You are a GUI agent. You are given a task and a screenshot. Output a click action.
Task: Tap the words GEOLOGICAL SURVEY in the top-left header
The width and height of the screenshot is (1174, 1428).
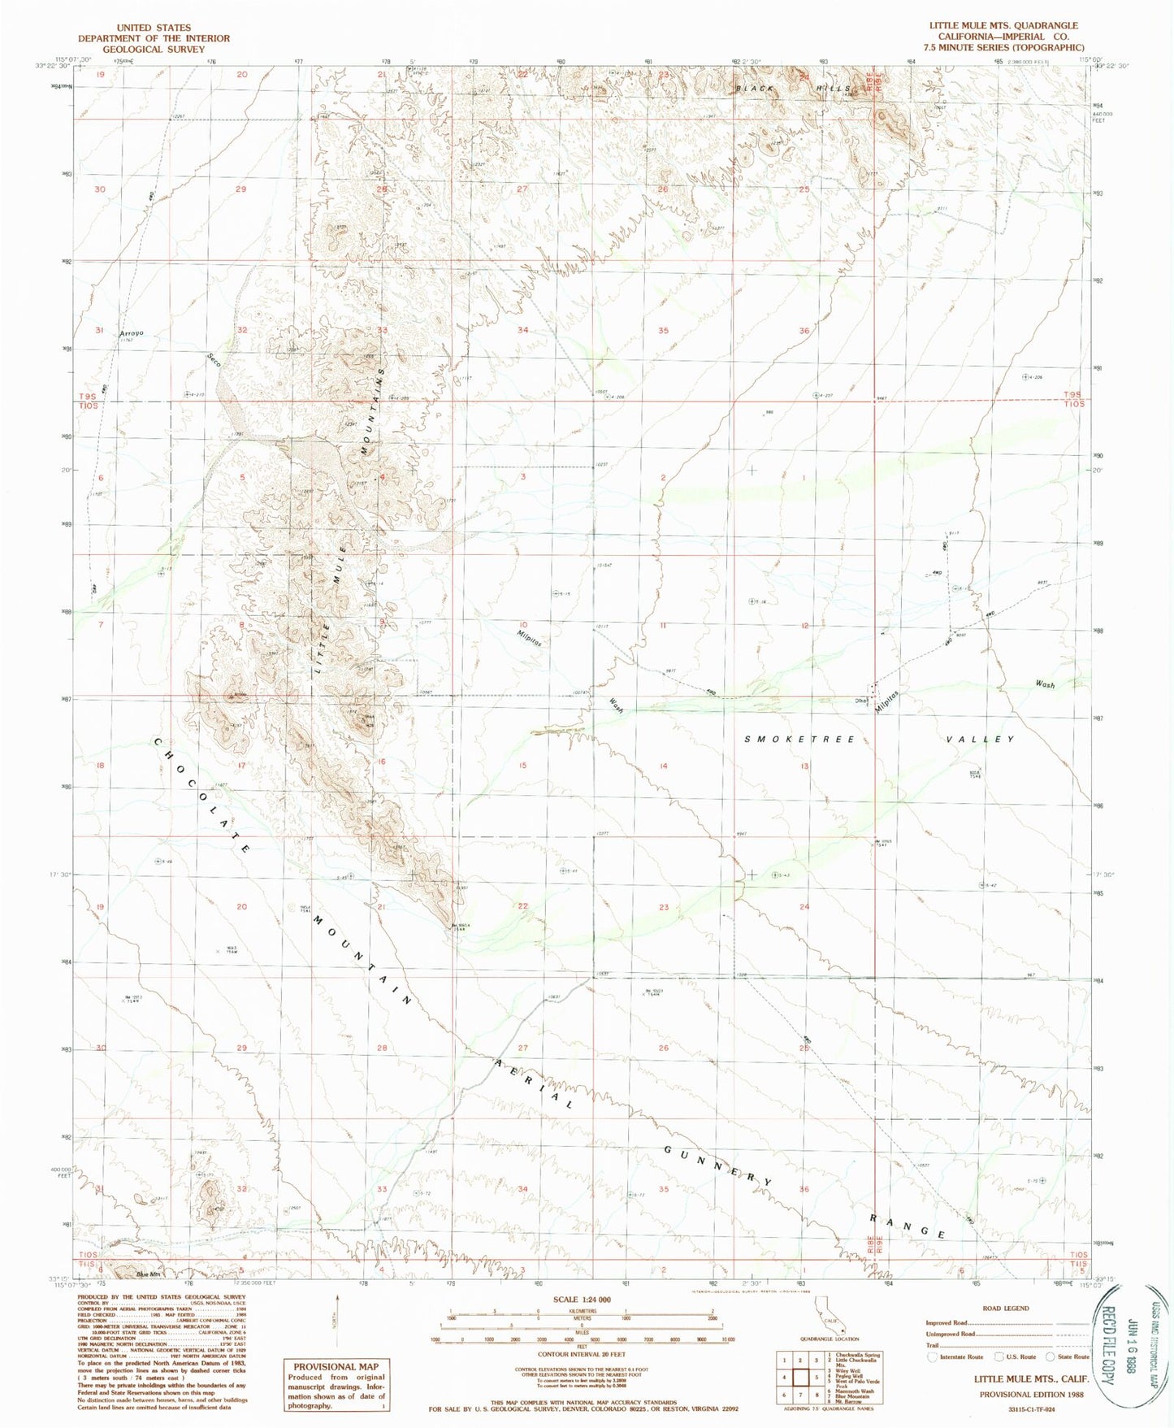(154, 50)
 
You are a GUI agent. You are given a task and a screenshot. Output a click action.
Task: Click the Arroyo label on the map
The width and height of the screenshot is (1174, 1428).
(131, 333)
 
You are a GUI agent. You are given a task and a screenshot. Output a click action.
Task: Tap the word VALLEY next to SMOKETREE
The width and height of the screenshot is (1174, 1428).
(981, 740)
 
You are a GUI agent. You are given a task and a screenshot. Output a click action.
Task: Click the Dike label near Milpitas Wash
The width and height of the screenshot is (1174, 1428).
(860, 701)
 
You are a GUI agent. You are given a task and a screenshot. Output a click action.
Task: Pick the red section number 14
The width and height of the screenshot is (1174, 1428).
(664, 766)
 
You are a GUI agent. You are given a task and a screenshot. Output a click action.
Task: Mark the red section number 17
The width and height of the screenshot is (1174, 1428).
(241, 766)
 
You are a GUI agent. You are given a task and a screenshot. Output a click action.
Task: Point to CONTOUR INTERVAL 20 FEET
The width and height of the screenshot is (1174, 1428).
(581, 1355)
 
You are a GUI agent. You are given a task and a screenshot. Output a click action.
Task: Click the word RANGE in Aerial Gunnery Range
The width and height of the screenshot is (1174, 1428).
(908, 1225)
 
